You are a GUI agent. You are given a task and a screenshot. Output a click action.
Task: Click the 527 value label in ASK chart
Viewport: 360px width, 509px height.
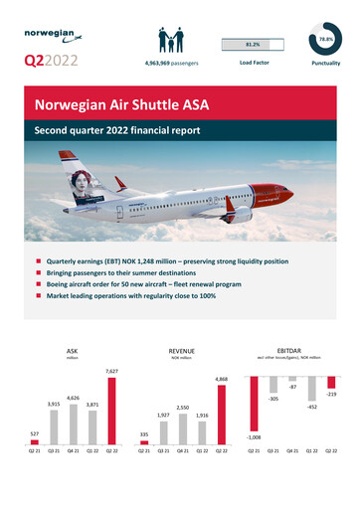tap(35, 432)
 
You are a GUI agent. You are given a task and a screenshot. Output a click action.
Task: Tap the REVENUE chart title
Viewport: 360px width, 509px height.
tap(181, 351)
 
